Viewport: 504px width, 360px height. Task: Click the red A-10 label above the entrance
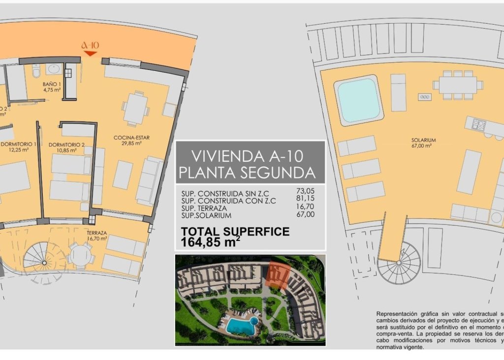tap(90, 46)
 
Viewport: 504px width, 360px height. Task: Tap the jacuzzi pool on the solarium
tap(359, 100)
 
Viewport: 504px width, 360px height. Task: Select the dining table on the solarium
tap(458, 85)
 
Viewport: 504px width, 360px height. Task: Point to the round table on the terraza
tap(80, 256)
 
